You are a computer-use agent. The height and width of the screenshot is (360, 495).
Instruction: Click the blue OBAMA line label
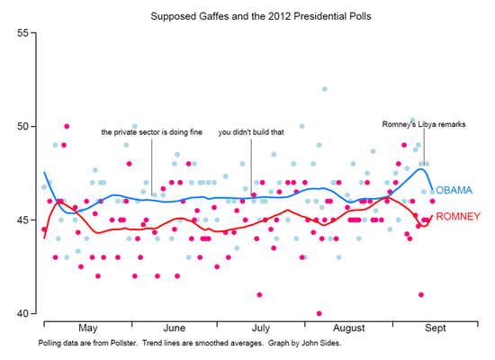454,192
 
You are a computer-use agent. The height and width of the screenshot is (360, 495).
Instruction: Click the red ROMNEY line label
458,216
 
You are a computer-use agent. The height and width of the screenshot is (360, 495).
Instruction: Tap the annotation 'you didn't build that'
251,132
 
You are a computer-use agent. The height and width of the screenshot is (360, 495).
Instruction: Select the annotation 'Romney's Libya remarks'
423,123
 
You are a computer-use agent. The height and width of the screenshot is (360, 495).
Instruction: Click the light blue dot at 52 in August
325,88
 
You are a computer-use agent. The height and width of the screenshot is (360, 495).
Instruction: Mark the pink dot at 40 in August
319,313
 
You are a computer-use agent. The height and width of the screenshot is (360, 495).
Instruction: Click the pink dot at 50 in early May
67,126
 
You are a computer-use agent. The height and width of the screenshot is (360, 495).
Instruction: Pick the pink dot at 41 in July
259,294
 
